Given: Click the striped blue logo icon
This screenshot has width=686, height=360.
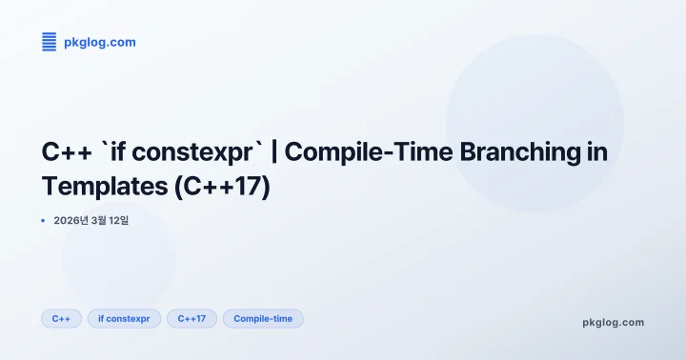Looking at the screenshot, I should (50, 41).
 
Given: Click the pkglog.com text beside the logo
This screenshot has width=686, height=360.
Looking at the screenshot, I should (99, 42).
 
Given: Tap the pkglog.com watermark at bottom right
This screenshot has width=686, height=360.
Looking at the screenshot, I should (613, 322).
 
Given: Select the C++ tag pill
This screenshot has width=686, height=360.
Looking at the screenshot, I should (61, 318).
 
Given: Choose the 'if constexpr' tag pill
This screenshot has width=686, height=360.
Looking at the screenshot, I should (124, 318).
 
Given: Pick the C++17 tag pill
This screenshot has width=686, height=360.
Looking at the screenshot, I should (192, 318).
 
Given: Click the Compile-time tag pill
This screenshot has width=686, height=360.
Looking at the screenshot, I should (263, 318).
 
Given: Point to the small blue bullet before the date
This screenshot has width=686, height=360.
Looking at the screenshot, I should (43, 220).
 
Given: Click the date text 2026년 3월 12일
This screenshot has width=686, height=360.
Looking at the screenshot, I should (91, 221).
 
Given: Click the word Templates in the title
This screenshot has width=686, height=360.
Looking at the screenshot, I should (105, 185).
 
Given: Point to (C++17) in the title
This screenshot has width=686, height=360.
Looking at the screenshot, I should (223, 185).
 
